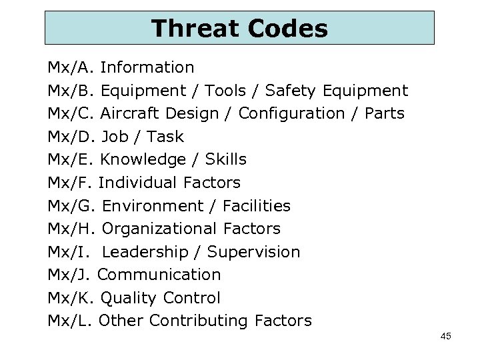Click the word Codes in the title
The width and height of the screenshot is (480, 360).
(287, 28)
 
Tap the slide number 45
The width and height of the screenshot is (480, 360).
(446, 336)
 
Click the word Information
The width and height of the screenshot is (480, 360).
(147, 67)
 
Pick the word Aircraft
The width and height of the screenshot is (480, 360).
(129, 113)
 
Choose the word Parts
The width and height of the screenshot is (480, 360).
(385, 113)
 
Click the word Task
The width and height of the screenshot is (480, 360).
(165, 137)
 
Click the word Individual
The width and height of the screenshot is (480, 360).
(136, 183)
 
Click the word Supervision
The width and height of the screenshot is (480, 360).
(253, 252)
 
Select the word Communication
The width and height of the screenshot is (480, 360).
(159, 275)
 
